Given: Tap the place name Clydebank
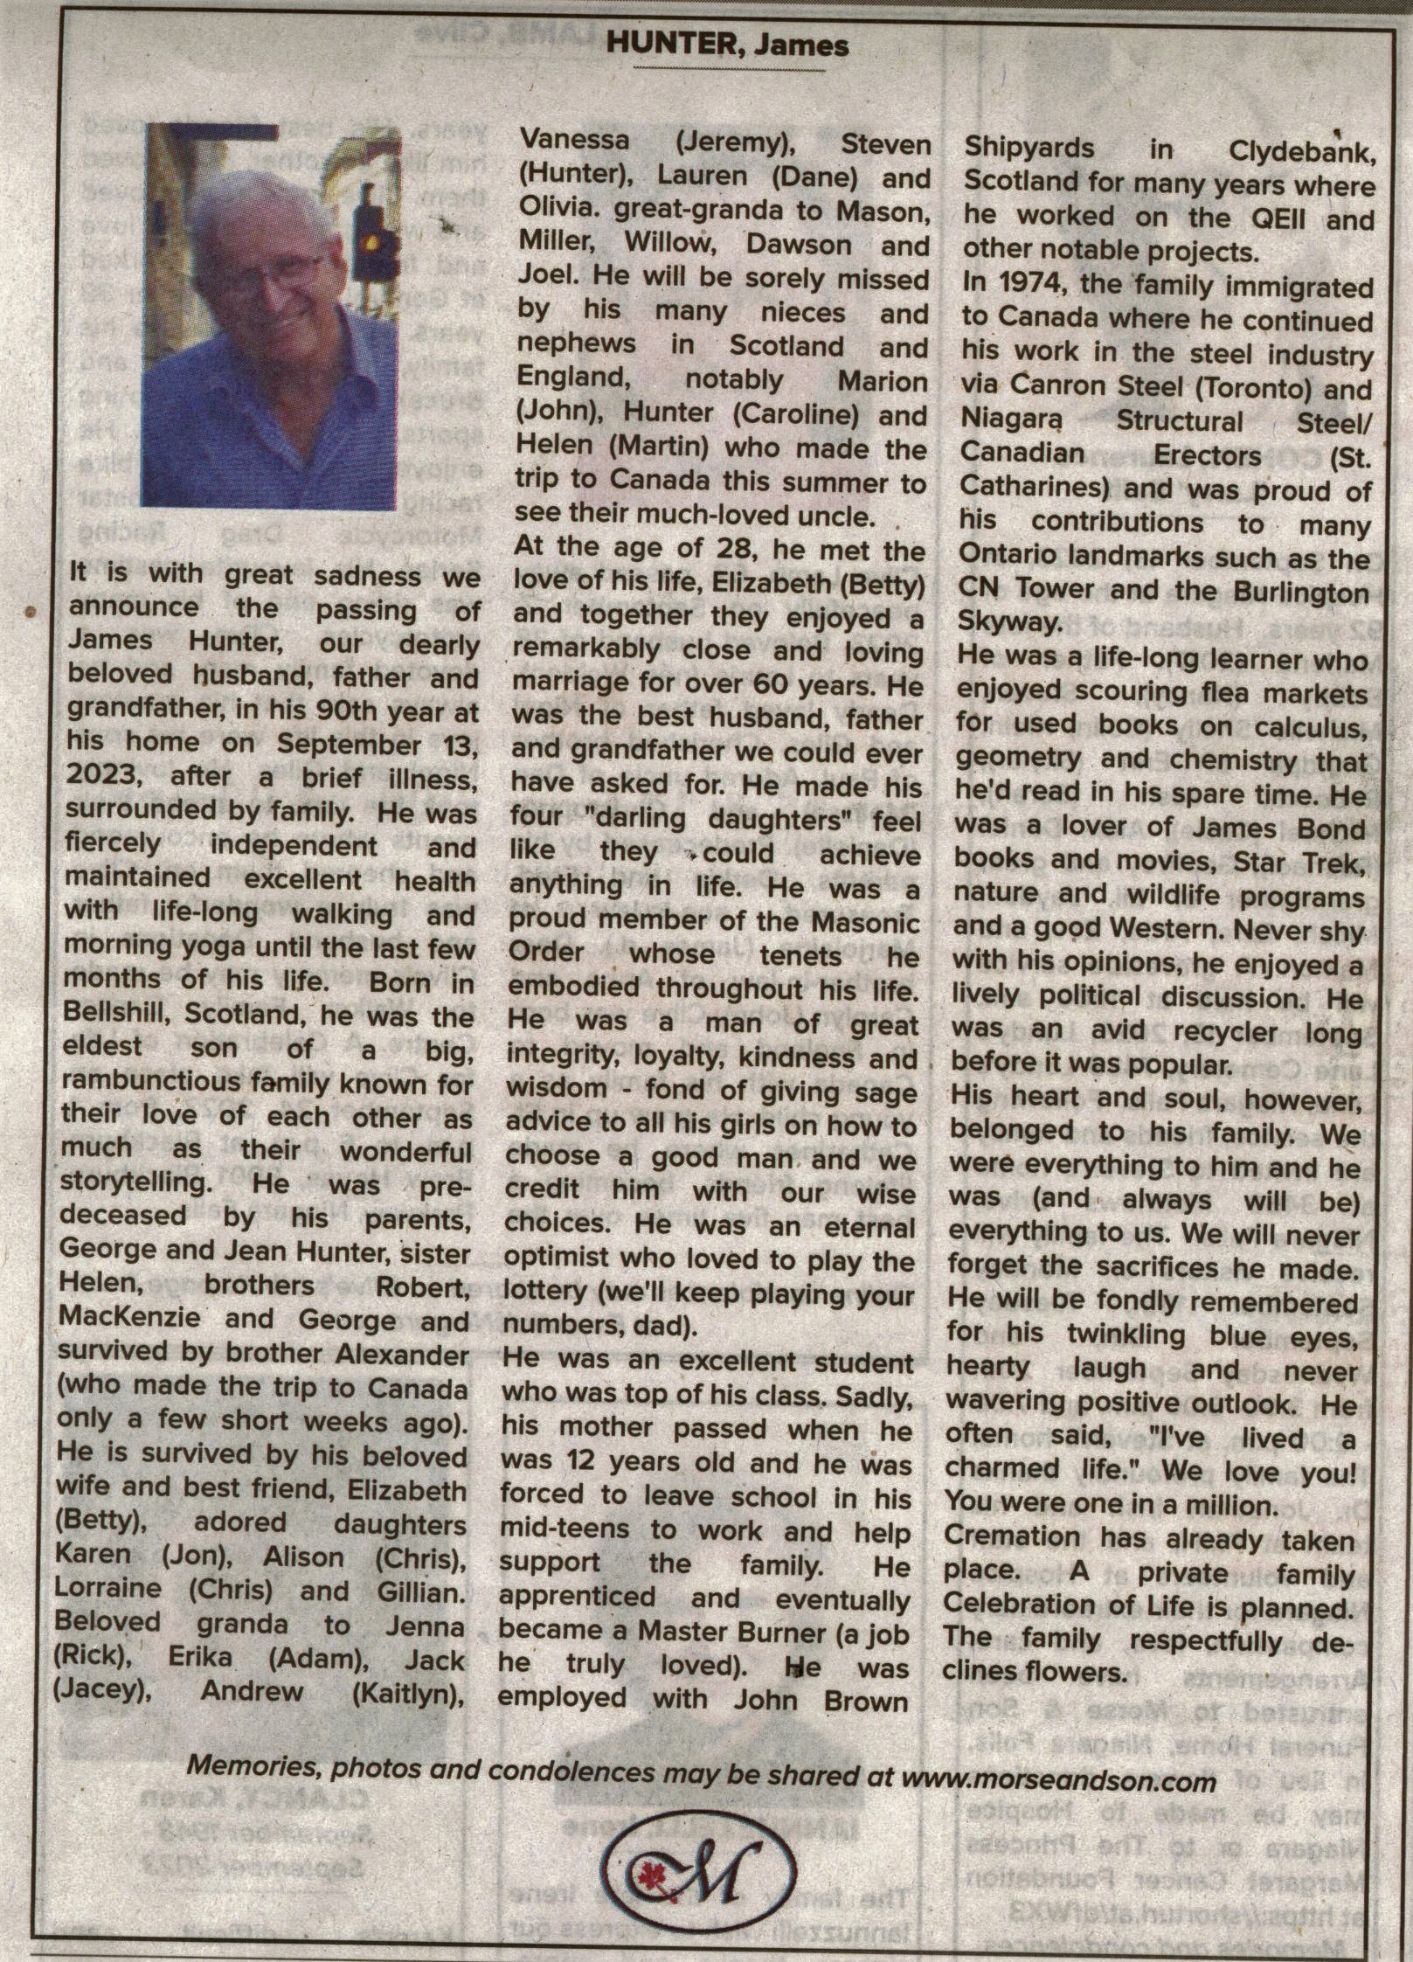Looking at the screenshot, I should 1301,150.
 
